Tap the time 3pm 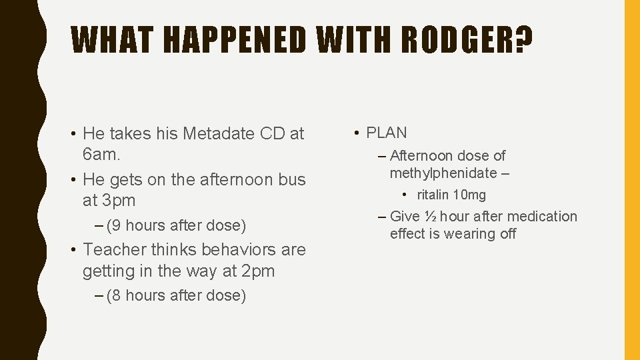117,201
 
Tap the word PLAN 387,133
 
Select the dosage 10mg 469,195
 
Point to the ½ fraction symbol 430,217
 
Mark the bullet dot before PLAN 358,133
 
